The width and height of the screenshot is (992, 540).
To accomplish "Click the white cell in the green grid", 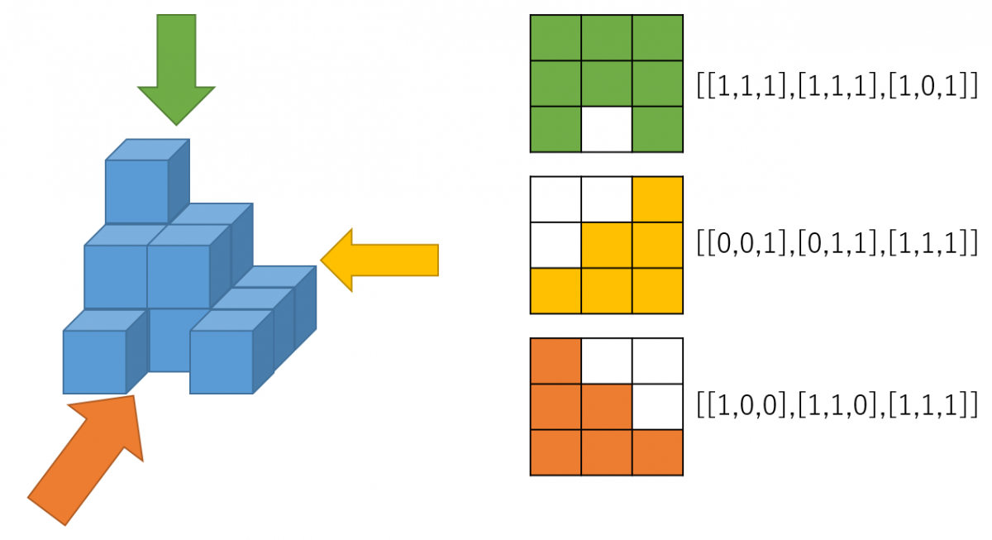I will pos(607,129).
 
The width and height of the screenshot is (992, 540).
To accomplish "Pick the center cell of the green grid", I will pos(607,84).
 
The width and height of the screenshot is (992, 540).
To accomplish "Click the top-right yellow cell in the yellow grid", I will pos(657,199).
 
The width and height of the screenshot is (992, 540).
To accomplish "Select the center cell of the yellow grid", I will pos(607,245).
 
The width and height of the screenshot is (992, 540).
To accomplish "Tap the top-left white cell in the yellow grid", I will pos(556,199).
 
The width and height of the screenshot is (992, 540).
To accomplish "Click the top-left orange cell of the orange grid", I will pos(556,361).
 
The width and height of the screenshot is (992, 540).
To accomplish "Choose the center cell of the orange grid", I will pos(607,406).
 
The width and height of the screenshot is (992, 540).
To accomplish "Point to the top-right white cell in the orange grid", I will pos(657,361).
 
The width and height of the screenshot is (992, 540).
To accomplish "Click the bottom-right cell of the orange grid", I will pos(657,452).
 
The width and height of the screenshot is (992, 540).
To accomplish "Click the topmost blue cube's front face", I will pos(136,192).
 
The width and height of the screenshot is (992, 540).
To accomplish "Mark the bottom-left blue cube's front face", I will pos(94,362).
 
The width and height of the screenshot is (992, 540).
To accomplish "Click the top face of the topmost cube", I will pos(148,150).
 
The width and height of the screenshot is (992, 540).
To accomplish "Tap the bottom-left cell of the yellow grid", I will pos(556,291).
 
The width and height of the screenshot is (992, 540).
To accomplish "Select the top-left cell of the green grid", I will pos(556,37).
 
